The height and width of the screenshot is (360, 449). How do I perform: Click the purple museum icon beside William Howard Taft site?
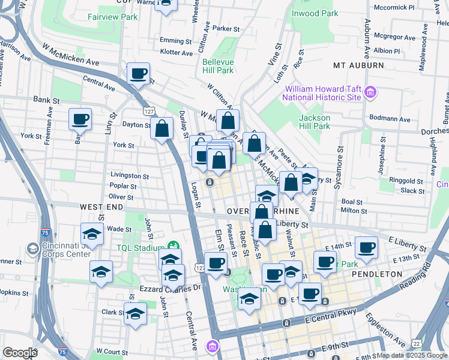click(x=370, y=92)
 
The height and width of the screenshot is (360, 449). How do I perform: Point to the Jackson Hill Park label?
click(x=315, y=122)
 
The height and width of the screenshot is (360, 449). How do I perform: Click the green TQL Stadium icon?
click(x=174, y=245)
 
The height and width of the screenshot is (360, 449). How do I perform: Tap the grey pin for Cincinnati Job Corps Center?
click(x=32, y=248)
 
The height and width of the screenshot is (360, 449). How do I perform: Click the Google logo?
click(x=20, y=352)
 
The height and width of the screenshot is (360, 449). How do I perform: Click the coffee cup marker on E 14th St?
click(x=366, y=247)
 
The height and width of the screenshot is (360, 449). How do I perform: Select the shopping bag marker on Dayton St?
click(x=162, y=128)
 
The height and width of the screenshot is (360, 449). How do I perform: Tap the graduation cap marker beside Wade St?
click(x=92, y=233)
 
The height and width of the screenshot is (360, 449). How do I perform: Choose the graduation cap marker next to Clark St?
click(x=135, y=313)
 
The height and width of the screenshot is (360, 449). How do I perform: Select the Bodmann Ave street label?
click(x=390, y=119)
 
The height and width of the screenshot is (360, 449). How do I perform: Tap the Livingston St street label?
click(x=129, y=176)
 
